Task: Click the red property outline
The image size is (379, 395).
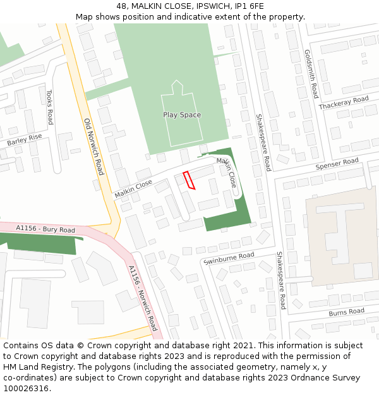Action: (189, 180)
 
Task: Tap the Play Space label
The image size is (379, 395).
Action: (182, 115)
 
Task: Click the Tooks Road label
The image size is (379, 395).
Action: (50, 107)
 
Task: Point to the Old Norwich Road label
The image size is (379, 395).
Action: (93, 147)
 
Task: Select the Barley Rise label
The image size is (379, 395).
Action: (25, 140)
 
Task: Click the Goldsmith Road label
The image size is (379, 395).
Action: (311, 74)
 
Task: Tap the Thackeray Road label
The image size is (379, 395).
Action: (344, 103)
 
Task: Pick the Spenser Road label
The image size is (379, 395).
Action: (337, 165)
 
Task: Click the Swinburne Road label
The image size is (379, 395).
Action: (229, 258)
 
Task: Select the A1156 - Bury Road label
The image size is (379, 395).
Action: (37, 228)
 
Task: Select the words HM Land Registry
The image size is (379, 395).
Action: (36, 367)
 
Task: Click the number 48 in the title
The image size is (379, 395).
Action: (121, 6)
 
